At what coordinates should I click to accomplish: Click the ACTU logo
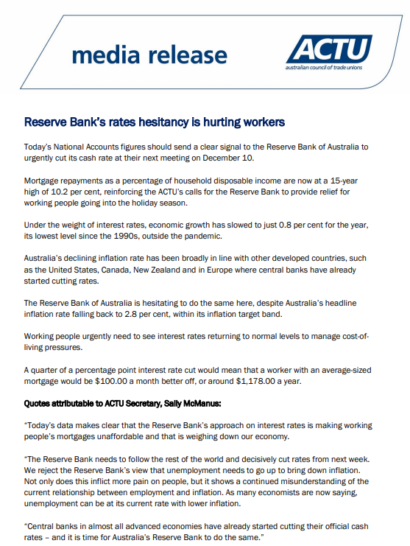tap(328, 49)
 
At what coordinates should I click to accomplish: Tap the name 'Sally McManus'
tap(193, 405)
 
